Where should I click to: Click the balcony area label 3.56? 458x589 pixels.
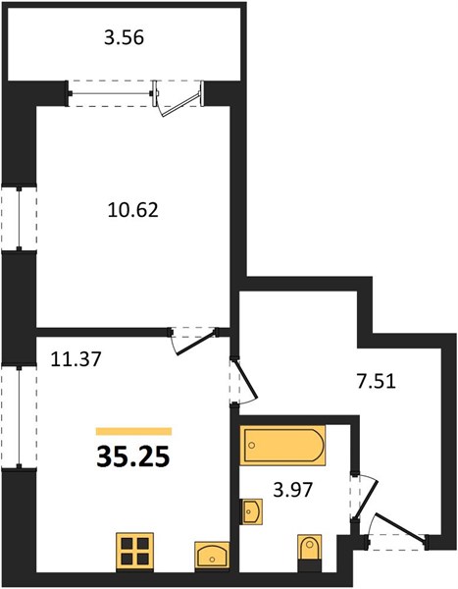tap(124, 38)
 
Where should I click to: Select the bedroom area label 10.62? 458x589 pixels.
tap(133, 210)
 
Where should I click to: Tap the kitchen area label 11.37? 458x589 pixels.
tap(76, 358)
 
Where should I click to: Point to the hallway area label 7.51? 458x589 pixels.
tap(376, 382)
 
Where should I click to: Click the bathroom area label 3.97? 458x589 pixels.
tap(293, 490)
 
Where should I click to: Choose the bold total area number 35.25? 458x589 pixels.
tap(133, 457)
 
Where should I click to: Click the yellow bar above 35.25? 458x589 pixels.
tap(133, 431)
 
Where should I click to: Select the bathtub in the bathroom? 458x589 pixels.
tap(282, 446)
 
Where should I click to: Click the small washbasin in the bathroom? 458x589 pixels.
tap(251, 511)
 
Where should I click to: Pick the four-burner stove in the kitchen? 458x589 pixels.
tap(134, 552)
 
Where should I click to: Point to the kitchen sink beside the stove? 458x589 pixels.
tap(212, 557)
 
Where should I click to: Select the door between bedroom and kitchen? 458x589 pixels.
tap(195, 342)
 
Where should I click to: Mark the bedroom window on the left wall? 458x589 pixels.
tap(19, 218)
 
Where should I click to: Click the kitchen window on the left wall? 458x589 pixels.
tap(19, 416)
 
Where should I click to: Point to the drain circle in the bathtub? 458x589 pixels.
tap(252, 445)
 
